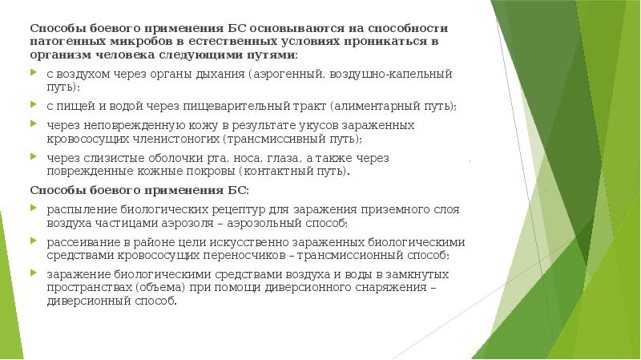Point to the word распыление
pos(77,208)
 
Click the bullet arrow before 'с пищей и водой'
pos(33,105)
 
